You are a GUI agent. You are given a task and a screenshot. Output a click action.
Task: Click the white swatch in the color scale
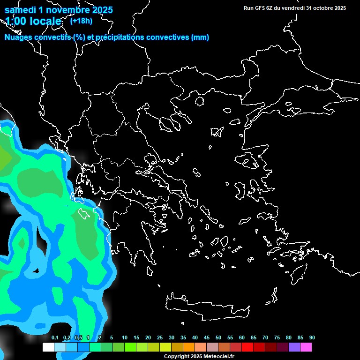pos(48,347)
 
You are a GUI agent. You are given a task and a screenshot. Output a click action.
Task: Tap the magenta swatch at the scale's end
pos(306,347)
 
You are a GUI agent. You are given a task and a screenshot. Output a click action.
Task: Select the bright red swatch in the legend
pos(247,347)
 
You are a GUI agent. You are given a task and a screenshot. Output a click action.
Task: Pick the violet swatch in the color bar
pos(294,347)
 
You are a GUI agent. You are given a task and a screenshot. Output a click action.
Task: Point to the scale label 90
pos(312,337)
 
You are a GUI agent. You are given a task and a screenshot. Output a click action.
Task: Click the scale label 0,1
pos(55,337)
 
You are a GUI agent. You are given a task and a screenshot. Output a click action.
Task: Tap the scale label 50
pos(218,337)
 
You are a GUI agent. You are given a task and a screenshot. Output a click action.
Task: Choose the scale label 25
pos(160,337)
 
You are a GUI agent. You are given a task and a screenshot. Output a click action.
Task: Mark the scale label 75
pos(277,337)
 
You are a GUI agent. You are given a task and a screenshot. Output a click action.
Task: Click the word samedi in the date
pos(21,9)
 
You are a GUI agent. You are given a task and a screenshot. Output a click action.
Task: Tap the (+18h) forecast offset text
pos(81,21)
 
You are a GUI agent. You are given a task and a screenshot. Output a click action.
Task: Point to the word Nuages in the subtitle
pos(19,37)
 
